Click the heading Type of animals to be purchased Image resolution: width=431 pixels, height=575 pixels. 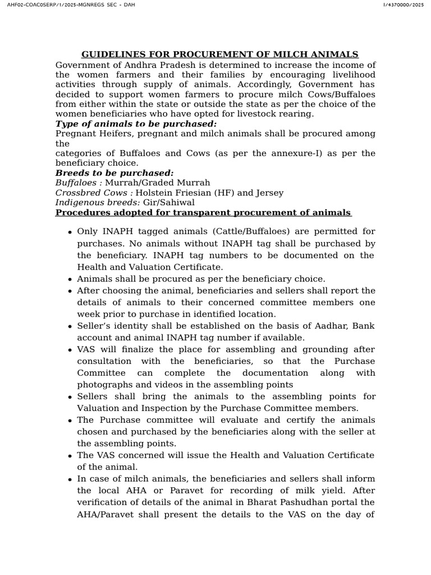136,124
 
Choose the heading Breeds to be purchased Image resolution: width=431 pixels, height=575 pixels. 114,173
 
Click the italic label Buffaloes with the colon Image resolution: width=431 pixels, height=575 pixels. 79,182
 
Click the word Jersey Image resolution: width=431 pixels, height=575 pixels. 269,193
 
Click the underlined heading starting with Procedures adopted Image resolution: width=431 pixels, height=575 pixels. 203,212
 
